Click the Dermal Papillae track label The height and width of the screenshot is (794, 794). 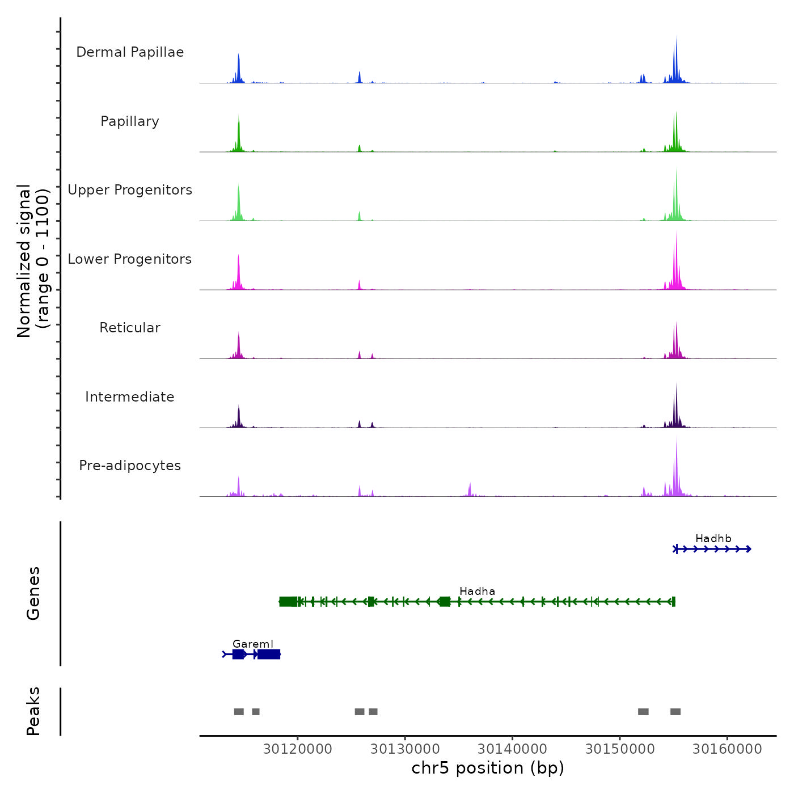pos(130,52)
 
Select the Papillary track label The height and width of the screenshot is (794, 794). pos(130,121)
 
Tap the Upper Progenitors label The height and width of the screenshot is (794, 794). pos(130,190)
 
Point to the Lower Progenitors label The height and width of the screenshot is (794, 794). pos(130,259)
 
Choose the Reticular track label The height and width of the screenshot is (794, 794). pos(130,328)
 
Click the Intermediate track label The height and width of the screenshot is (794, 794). pos(130,397)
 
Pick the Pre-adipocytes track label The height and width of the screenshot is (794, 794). pos(130,466)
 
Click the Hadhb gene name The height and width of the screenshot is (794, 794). pos(713,539)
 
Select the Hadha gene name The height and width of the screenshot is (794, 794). pos(477,592)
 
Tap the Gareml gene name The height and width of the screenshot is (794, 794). pos(253,644)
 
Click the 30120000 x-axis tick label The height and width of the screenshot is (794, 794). pos(298,749)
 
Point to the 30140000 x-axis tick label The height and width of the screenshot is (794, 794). pos(512,749)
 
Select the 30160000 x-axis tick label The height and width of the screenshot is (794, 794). pos(727,749)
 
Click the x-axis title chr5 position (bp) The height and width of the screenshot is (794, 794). pos(488,768)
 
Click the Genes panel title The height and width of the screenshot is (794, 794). pos(33,593)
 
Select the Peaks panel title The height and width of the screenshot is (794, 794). pos(33,711)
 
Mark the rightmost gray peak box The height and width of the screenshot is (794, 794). pos(675,712)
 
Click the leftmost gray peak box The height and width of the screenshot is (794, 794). pos(239,712)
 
